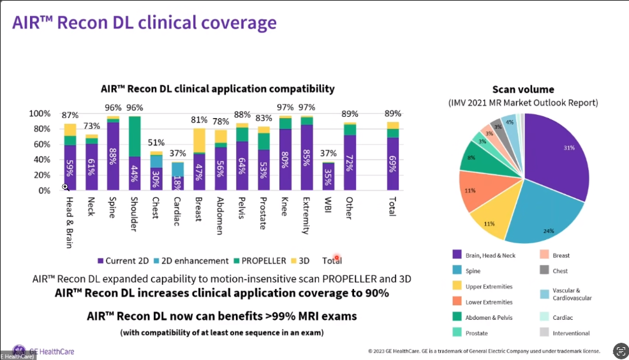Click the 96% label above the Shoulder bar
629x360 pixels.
point(135,108)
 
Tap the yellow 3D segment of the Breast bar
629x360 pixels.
point(199,140)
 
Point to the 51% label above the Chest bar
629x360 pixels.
point(156,143)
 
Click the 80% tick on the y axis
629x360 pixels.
point(39,129)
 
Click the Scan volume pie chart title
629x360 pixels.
point(523,89)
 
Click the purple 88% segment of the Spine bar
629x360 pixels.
point(112,156)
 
